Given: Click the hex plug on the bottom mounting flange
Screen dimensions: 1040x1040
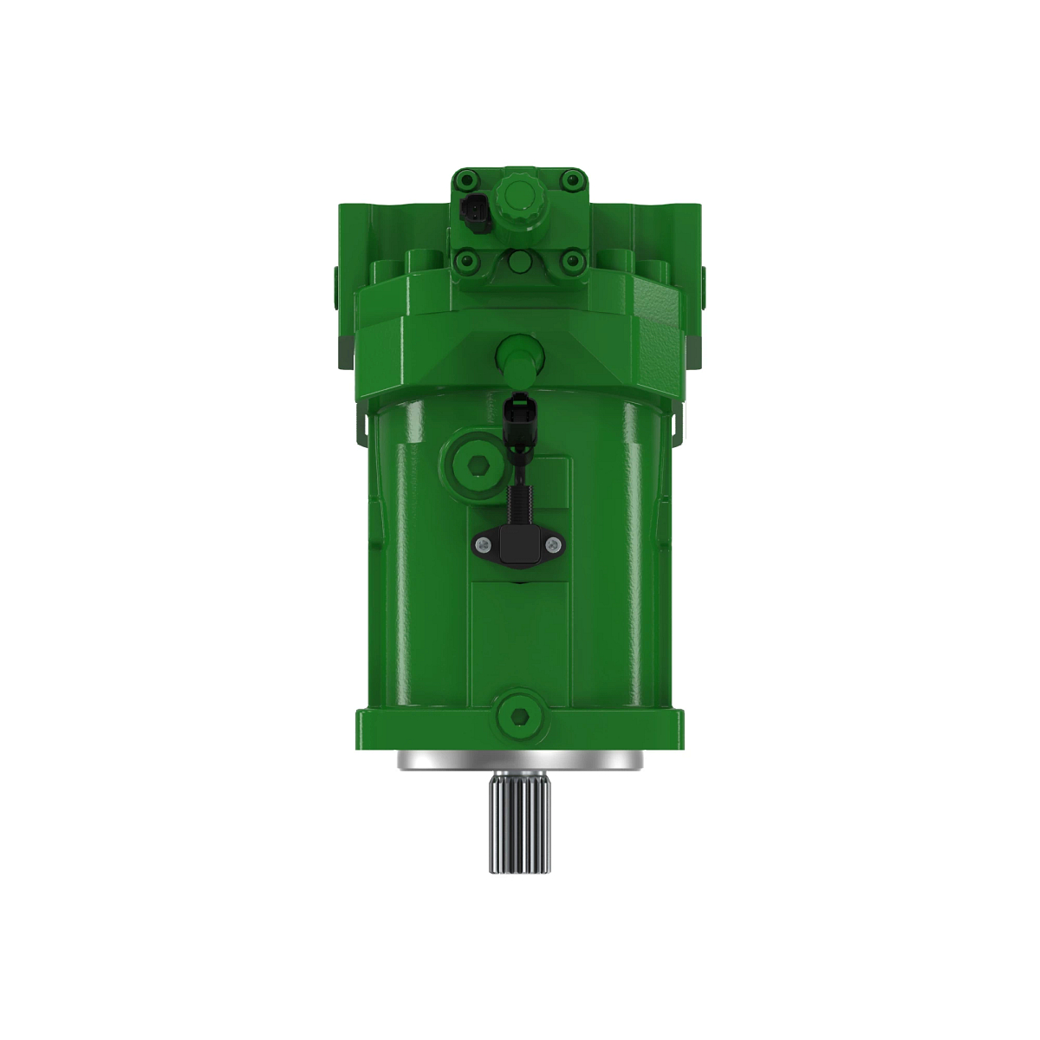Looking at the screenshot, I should coord(519,714).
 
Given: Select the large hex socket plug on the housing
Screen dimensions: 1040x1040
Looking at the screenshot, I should coord(471,466).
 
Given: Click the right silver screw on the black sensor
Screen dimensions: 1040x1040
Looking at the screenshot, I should coord(552,543).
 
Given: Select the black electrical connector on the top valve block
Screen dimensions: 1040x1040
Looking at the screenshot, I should coord(474,212).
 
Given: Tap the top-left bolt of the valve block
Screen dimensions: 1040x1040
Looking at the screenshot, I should coord(468,179).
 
